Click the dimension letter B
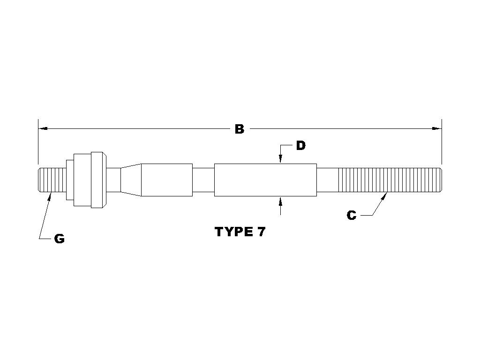(x=240, y=129)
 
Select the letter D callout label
(x=301, y=146)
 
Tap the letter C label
(x=352, y=215)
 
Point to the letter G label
(x=60, y=239)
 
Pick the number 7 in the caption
(x=261, y=232)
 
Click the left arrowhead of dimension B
(x=43, y=128)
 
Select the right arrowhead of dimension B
(x=436, y=128)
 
